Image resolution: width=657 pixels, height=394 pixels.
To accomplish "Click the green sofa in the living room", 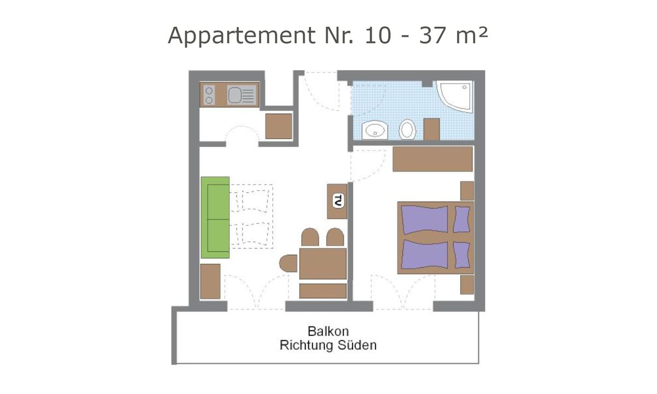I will [x=215, y=217].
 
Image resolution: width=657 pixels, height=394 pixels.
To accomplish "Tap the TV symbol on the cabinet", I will [x=338, y=201].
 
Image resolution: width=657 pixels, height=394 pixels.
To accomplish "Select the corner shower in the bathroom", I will [x=456, y=96].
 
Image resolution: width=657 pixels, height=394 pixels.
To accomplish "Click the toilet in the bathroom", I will [x=407, y=130].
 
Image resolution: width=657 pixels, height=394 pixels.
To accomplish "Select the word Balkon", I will [x=328, y=332].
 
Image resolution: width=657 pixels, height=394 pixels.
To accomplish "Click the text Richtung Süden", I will [x=328, y=346].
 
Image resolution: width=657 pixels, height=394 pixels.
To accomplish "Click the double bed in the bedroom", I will [x=435, y=238].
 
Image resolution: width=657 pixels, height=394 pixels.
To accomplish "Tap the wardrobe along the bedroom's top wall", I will [x=433, y=159].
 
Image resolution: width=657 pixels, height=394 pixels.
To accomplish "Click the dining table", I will [x=323, y=263].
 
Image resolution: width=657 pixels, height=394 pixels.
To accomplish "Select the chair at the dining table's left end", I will [x=288, y=263].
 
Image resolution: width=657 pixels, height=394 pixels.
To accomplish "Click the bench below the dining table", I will [x=323, y=291].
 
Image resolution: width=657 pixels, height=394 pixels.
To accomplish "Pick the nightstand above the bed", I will [x=467, y=190].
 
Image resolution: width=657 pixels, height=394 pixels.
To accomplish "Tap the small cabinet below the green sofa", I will [x=210, y=281].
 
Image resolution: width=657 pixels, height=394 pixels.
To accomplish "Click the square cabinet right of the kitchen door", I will [x=278, y=126].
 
